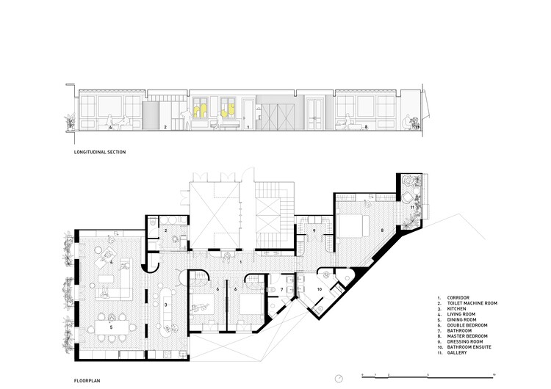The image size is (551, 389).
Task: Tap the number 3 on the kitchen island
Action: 166,304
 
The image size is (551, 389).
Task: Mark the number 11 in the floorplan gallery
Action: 412,208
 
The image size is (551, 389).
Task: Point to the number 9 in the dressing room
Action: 314,230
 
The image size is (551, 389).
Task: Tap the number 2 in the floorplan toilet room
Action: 166,230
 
